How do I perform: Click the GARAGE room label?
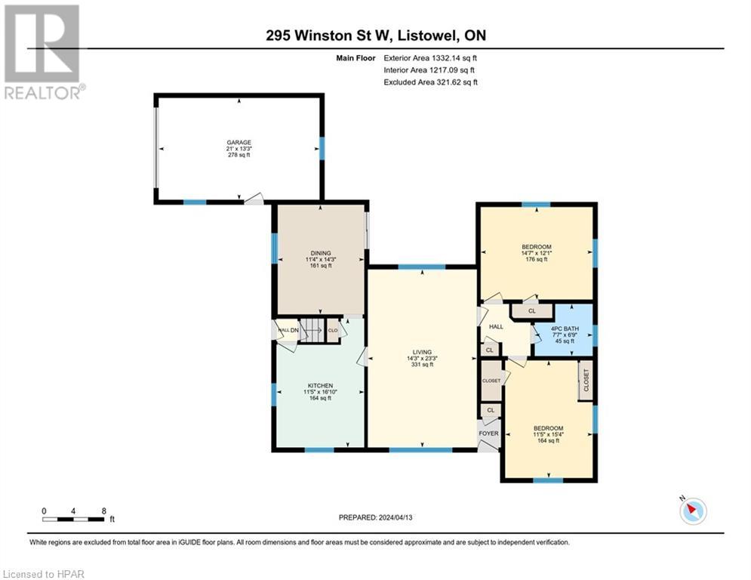[x=239, y=142]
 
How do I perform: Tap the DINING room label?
[x=321, y=253]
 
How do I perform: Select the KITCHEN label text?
[x=320, y=385]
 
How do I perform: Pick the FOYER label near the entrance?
[x=489, y=433]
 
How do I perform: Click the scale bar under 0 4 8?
[x=74, y=519]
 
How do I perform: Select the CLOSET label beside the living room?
[x=491, y=381]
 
